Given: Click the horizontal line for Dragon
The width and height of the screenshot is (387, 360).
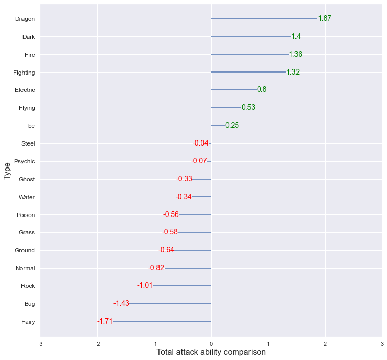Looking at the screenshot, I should tap(264, 19).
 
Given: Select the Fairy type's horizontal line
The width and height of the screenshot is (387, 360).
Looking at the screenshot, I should tap(162, 322).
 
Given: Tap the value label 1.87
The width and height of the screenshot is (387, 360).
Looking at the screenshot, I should tap(325, 19).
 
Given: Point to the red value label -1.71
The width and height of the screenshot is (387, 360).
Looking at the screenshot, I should tap(105, 321).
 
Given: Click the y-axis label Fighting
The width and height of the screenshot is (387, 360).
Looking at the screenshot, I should tap(24, 73).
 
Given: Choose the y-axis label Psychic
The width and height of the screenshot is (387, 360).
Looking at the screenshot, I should tap(25, 161).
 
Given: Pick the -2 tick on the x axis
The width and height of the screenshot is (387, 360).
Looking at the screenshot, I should tap(97, 344).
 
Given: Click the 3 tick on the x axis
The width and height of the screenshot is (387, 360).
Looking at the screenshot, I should tap(382, 344).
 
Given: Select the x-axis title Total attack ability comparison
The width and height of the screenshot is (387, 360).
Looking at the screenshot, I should tap(211, 352).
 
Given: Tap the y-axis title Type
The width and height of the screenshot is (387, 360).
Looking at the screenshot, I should tap(7, 171).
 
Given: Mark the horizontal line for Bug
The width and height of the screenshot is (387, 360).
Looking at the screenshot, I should tap(170, 304).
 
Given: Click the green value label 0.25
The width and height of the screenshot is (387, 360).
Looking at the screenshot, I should tap(232, 126).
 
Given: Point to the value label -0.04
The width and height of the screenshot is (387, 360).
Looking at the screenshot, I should tap(200, 143).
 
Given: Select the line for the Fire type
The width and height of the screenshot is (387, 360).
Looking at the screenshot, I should tap(250, 54).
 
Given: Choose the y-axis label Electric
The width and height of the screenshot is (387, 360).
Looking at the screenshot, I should tap(25, 90).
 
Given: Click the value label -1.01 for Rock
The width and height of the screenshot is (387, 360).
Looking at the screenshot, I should tap(145, 285).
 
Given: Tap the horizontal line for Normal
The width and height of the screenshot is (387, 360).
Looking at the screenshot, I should tap(188, 268).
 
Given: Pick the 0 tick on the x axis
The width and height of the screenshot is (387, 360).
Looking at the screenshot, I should tap(211, 344).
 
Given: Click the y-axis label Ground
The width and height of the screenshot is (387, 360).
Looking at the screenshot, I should tap(25, 250).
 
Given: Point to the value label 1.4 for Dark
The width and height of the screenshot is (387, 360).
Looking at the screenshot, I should tap(296, 36).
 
